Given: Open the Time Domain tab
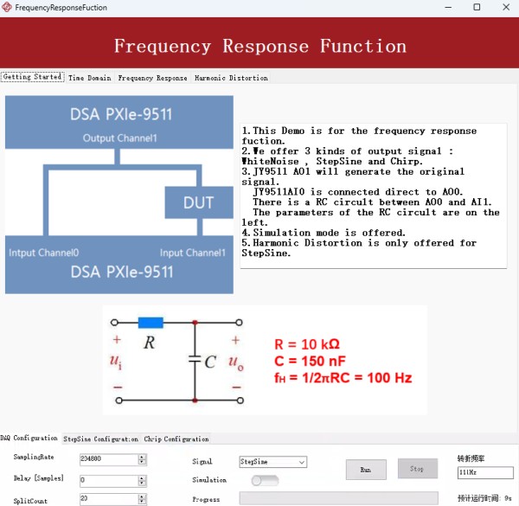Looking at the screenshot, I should (x=89, y=78).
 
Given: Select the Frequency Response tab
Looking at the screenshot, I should (x=152, y=78).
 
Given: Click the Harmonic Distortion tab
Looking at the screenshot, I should (x=231, y=78).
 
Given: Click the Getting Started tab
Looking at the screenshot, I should (x=32, y=77).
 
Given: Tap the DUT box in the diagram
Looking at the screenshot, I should (x=198, y=202).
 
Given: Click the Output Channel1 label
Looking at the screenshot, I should (x=119, y=138).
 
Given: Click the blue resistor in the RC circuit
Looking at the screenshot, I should (x=151, y=323).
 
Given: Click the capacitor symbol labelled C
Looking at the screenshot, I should (x=195, y=362).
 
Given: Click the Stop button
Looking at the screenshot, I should (x=417, y=469).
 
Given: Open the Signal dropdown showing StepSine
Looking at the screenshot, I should (x=272, y=463).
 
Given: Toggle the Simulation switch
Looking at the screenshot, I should (x=265, y=480).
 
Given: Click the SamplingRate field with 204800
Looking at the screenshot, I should (x=107, y=459).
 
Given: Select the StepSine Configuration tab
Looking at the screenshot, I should (x=100, y=439).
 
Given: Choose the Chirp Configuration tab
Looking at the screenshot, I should (x=176, y=439).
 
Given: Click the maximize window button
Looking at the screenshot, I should (x=476, y=7).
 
